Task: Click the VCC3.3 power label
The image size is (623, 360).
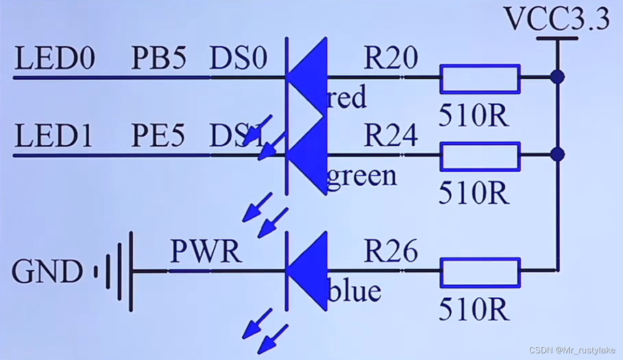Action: [557, 20]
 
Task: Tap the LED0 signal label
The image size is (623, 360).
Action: [54, 59]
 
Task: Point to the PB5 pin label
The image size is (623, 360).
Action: [158, 59]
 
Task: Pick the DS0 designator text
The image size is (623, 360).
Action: [238, 59]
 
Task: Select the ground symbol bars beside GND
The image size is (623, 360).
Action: [117, 271]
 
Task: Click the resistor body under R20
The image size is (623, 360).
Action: [480, 78]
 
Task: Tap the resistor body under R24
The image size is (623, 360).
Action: [480, 156]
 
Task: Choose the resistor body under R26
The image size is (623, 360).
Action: [480, 272]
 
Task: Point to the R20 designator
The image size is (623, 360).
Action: [391, 59]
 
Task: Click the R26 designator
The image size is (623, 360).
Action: [391, 252]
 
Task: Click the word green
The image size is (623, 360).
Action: [362, 176]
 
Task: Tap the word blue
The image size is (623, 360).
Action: [355, 292]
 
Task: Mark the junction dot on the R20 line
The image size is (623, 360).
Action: [558, 78]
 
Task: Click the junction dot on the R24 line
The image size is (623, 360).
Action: [558, 155]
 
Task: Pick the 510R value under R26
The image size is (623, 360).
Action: [474, 310]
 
